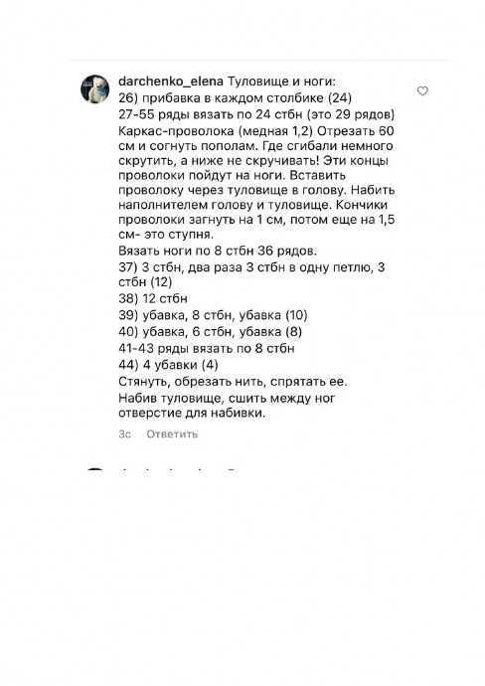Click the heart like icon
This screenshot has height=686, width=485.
tap(423, 91)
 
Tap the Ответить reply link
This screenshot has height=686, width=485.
tap(171, 433)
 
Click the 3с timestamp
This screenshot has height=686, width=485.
tap(124, 433)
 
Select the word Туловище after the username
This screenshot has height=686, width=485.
tap(259, 81)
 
